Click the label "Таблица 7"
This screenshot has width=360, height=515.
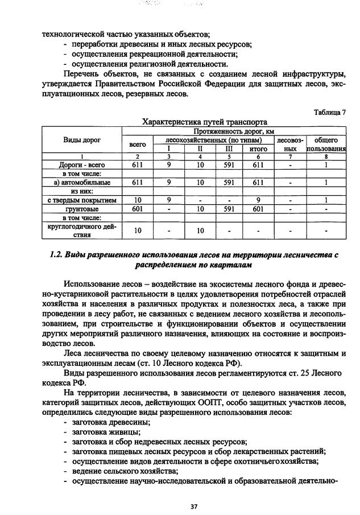point(329,112)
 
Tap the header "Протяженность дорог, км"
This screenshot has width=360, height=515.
point(233,131)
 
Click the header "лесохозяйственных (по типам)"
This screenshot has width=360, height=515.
point(213,139)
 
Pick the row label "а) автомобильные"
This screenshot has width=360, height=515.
point(82,183)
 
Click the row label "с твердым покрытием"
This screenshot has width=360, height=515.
point(82,200)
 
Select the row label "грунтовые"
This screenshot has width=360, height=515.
point(82,209)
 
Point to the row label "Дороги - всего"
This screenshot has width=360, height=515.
point(82,165)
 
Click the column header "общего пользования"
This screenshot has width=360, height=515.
point(326,144)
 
